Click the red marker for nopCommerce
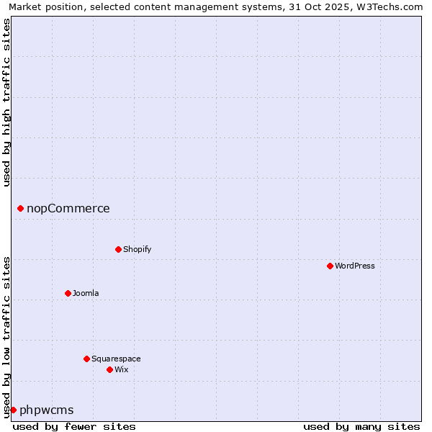[20, 209]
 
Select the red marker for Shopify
[118, 250]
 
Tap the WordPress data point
[330, 266]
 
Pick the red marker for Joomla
[68, 294]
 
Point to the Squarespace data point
[86, 359]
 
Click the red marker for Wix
[109, 370]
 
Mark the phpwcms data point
[13, 410]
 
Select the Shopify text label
[137, 250]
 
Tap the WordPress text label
[355, 266]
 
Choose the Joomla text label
[86, 294]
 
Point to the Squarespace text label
[116, 359]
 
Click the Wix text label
[122, 370]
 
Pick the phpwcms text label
[47, 410]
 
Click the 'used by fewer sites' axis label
[74, 427]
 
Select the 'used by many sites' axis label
[361, 427]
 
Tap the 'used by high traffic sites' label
[7, 102]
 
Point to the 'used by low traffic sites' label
[7, 336]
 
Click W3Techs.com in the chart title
[392, 6]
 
